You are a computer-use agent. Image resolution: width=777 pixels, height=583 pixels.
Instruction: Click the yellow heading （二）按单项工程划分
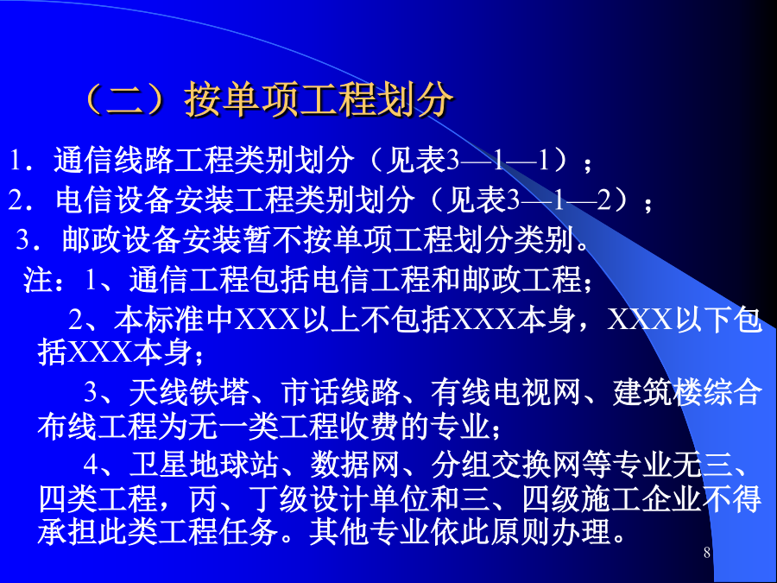pos(268,98)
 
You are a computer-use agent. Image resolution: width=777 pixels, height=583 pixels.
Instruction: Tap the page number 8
pos(706,552)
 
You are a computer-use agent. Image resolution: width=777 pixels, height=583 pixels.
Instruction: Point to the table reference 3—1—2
pos(559,200)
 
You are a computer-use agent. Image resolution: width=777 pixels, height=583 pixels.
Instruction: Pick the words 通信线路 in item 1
pos(113,160)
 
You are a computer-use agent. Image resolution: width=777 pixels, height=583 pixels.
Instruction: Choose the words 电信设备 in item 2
pos(115,200)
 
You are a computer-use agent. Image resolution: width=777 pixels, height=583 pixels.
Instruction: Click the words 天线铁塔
pos(188,391)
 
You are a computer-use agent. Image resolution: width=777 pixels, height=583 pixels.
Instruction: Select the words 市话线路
pos(340,391)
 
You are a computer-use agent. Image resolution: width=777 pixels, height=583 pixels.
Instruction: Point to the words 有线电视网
pos(505,391)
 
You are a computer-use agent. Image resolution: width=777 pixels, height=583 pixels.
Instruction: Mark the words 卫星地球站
pos(203,465)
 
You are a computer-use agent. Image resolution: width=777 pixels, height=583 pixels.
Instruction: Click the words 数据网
pos(355,465)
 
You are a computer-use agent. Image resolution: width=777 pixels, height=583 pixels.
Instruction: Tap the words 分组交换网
pos(505,465)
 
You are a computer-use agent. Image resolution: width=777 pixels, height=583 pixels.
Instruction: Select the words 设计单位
pos(369,499)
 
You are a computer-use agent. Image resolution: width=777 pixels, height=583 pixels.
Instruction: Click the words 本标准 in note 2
pos(159,319)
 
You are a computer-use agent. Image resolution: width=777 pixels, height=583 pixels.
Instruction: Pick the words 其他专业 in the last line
pos(369,532)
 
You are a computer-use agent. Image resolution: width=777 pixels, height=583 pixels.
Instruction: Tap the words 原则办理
pos(550,532)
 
